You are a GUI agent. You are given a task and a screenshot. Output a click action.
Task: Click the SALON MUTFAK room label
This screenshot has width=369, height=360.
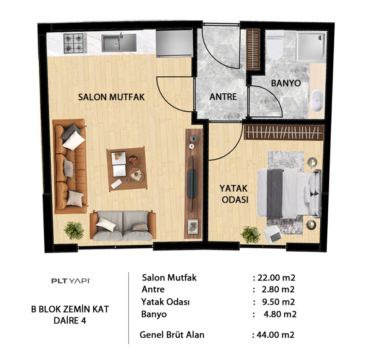point(111,97)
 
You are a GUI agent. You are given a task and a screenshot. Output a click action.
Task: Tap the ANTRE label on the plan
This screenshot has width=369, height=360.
point(223,96)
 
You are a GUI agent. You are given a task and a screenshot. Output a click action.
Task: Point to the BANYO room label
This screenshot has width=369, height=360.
point(286,83)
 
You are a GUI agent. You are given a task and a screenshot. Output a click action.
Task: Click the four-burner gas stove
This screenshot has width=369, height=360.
point(74,43)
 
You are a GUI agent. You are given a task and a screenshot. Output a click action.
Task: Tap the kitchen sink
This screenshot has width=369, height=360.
point(119,42)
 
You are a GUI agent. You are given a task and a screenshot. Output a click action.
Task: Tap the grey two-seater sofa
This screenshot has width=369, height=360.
point(123,226)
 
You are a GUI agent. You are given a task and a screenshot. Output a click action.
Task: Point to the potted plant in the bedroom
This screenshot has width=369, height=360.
point(250,234)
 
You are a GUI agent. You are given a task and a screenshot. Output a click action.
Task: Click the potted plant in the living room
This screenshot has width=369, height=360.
point(74,230)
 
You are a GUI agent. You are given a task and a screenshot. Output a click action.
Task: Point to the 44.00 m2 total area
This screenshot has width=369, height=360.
point(275,334)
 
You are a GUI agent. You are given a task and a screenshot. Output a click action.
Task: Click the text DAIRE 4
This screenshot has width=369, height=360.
point(70,320)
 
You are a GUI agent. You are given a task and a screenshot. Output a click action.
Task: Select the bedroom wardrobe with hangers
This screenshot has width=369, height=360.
point(284,132)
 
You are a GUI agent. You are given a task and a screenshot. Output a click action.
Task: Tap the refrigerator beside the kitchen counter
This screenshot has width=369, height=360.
point(174,43)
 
